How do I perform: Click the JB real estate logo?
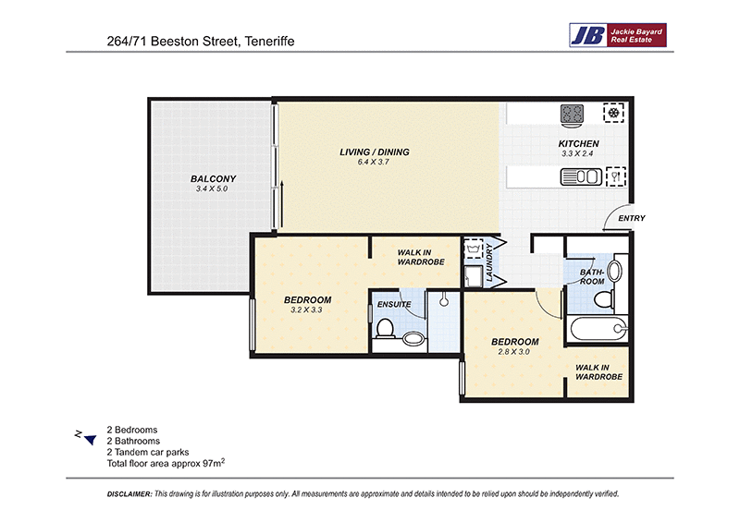pos(618,35)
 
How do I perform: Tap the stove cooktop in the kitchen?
pos(572,115)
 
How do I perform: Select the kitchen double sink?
pos(581,176)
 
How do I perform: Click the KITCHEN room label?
pos(579,144)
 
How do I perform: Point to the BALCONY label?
pos(213,178)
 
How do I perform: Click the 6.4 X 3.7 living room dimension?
pos(374,162)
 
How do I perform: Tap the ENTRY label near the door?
pos(632,218)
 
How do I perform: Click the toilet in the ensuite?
pos(385,328)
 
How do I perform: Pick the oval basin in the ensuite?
pos(413,337)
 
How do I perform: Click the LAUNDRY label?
pos(489,263)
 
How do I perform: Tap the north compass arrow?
pos(90,440)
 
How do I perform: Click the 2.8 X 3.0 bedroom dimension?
pos(514,352)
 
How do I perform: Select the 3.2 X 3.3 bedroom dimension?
pos(306,310)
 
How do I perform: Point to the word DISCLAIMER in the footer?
pos(129,494)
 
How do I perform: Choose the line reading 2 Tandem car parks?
pos(148,452)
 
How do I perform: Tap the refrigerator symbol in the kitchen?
pos(613,113)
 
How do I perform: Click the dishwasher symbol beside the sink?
pos(615,176)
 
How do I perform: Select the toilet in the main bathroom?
pos(604,299)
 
